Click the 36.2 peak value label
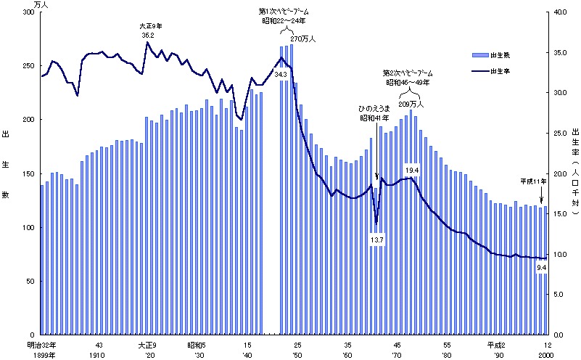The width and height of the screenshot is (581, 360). (x=148, y=35)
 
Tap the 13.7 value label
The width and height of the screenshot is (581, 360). (x=376, y=240)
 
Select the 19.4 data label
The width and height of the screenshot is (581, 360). (x=412, y=170)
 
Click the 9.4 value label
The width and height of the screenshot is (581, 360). (x=541, y=269)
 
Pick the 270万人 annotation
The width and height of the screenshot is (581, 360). (x=303, y=39)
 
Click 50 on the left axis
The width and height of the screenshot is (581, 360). (x=30, y=281)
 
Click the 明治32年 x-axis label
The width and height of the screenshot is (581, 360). (x=41, y=344)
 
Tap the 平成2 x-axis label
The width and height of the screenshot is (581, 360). (x=496, y=344)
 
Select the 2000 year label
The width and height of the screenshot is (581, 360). (x=545, y=354)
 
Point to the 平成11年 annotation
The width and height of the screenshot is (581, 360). (x=533, y=181)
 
